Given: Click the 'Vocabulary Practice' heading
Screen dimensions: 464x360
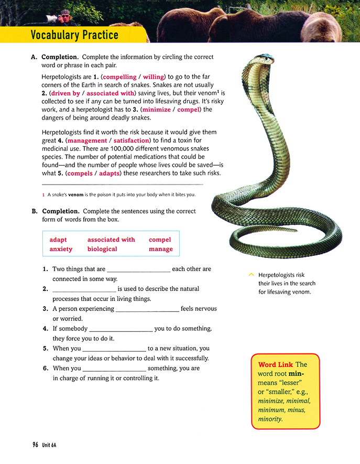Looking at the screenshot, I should coord(74,36).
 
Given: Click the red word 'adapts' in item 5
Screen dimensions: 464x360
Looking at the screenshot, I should coord(110,174).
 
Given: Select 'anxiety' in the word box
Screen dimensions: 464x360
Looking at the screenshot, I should coord(61,249).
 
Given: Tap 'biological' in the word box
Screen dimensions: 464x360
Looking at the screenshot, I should coord(102,249).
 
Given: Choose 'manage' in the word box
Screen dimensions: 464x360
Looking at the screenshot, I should coord(160,249).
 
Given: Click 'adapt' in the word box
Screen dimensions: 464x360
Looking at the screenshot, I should coord(58,240).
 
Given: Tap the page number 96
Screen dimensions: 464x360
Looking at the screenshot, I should coord(35,445).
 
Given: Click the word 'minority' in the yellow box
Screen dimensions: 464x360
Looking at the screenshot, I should coord(270,419).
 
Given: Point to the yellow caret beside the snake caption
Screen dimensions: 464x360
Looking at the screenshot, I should coord(252,274).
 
